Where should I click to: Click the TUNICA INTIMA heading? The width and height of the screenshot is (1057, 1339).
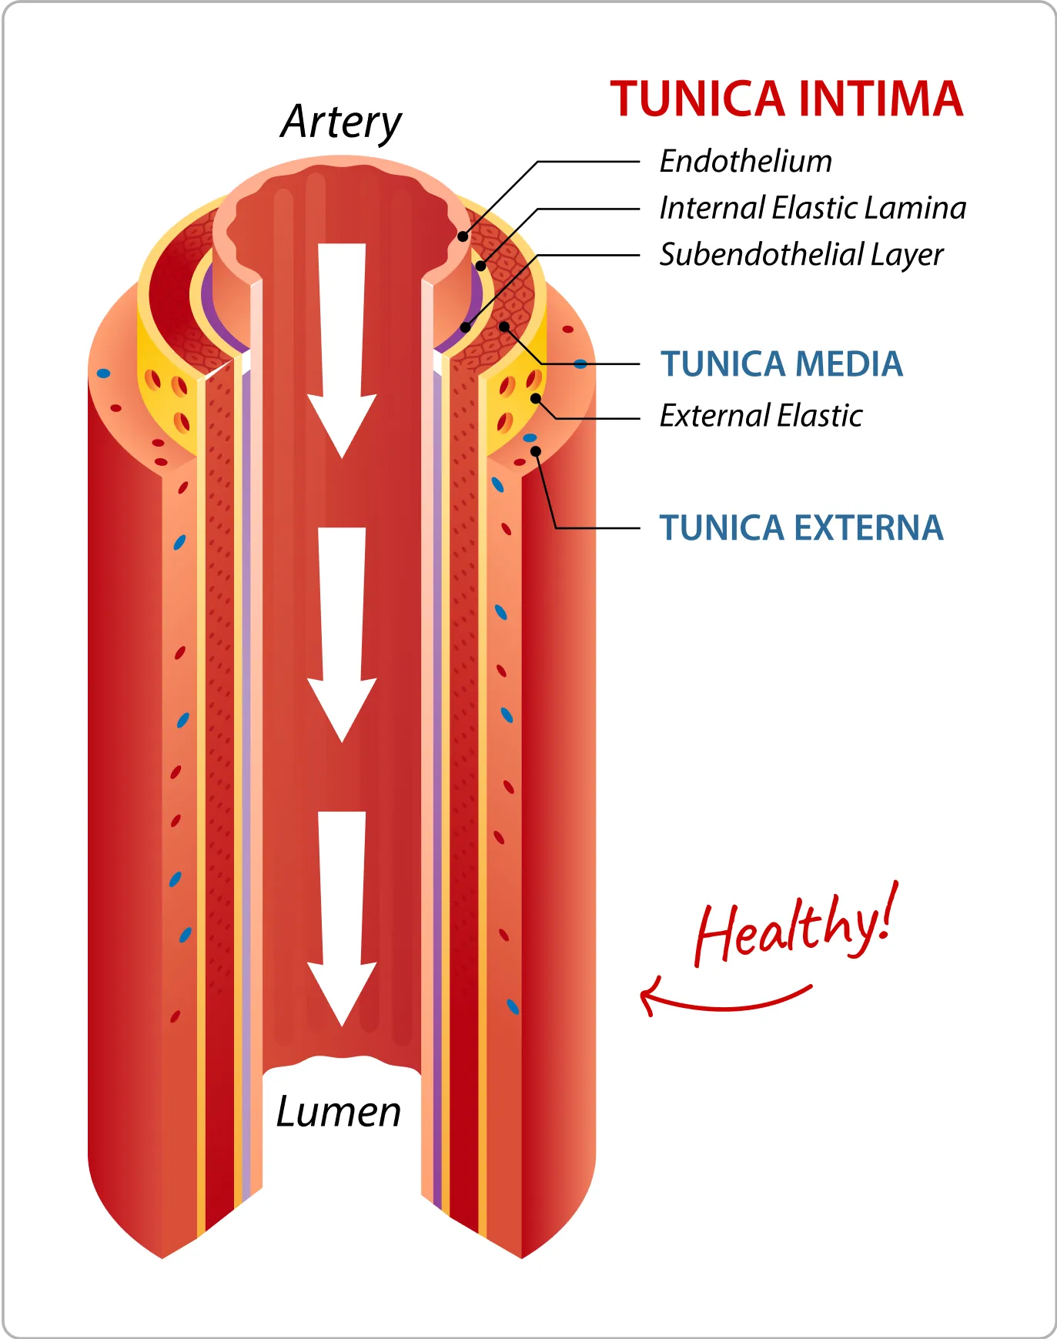point(786,99)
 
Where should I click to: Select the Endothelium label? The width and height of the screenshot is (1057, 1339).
point(745,162)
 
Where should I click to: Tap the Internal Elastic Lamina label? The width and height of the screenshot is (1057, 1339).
point(812,208)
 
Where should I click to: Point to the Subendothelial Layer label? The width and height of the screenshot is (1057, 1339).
point(801,255)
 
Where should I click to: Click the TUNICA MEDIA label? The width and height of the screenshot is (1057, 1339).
point(781,364)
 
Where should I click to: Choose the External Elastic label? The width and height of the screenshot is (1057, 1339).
point(761,416)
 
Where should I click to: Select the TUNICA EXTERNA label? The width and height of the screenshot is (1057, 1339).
point(801,528)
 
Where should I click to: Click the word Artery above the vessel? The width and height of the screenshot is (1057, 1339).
point(341,122)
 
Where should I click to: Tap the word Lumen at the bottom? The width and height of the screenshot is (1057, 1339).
point(339,1112)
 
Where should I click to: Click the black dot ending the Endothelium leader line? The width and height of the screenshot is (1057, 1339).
point(463,236)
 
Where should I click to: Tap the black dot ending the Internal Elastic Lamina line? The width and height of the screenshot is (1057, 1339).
point(480,266)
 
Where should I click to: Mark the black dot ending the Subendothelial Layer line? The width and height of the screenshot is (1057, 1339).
point(465,327)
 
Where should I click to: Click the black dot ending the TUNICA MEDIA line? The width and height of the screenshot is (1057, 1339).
point(503,326)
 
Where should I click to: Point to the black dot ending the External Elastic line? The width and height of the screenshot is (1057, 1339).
point(535,398)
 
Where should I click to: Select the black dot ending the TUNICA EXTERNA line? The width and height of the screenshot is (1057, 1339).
point(536,451)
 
